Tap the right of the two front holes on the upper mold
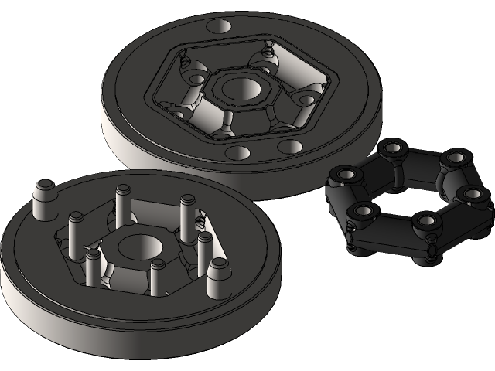click(x=291, y=146)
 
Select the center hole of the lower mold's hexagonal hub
click(x=137, y=249)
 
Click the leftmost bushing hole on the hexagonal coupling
click(x=341, y=176)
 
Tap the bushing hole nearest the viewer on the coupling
click(x=427, y=223)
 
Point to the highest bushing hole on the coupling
click(x=393, y=147)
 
